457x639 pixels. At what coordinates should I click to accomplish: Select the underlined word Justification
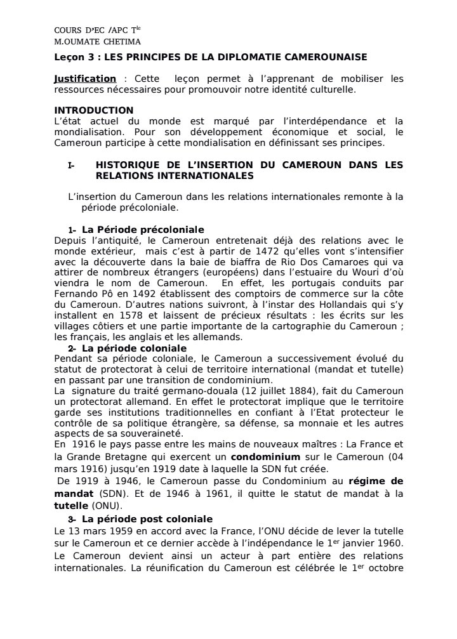coord(85,79)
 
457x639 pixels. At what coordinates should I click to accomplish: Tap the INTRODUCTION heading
coord(94,110)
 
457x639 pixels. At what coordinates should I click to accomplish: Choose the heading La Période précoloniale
coord(143,229)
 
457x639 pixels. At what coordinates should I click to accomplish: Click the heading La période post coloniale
coord(147,519)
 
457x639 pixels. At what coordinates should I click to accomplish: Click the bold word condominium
coord(262,456)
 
